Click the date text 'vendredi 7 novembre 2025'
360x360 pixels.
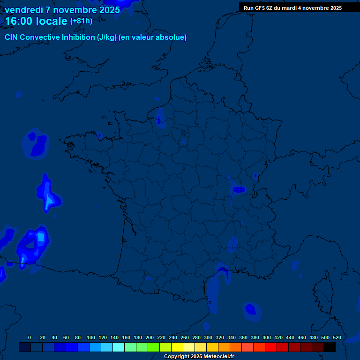tap(62, 10)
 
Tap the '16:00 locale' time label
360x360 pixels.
tap(36, 22)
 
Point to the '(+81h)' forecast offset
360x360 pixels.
tap(81, 21)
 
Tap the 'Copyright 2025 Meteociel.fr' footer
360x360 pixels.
tap(199, 357)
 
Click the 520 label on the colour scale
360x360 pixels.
tap(337, 337)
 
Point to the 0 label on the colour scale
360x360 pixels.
tap(30, 337)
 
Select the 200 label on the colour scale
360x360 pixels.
tap(150, 337)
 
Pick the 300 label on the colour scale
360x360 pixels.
tap(208, 337)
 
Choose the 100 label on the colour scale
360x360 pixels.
tap(91, 337)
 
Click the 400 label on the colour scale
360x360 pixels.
tap(267, 337)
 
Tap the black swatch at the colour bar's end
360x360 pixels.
tap(330, 347)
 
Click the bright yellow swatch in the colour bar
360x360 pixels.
tap(177, 347)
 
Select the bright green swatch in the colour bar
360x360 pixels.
tap(154, 347)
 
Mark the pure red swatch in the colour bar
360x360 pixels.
tap(271, 347)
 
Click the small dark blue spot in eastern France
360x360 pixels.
tap(239, 189)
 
